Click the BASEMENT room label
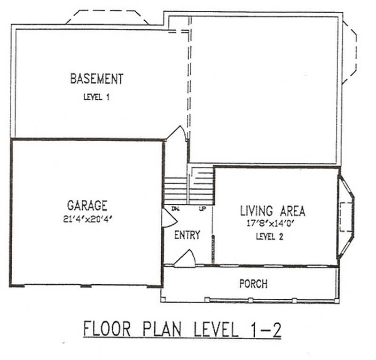(96, 79)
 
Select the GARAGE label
(87, 206)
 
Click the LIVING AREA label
(273, 211)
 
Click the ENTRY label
(187, 235)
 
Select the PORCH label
(253, 284)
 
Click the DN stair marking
(176, 208)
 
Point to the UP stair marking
(202, 208)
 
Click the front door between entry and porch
(185, 259)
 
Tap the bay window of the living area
(346, 217)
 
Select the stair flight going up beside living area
(203, 185)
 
